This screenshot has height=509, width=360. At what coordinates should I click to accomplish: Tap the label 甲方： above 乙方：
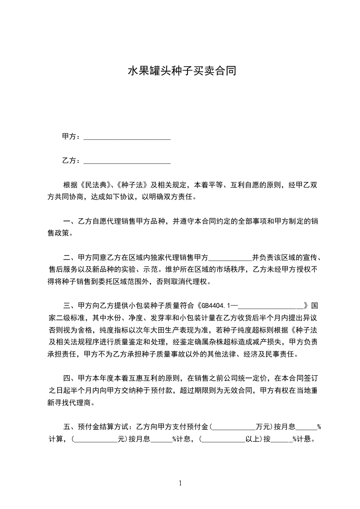coord(71,137)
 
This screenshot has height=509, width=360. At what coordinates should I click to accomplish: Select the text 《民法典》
coord(94,185)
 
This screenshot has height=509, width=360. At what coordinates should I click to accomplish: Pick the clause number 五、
coord(70,427)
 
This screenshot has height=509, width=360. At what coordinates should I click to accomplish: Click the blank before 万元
coord(233,427)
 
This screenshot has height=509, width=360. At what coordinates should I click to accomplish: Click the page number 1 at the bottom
coord(180,483)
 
